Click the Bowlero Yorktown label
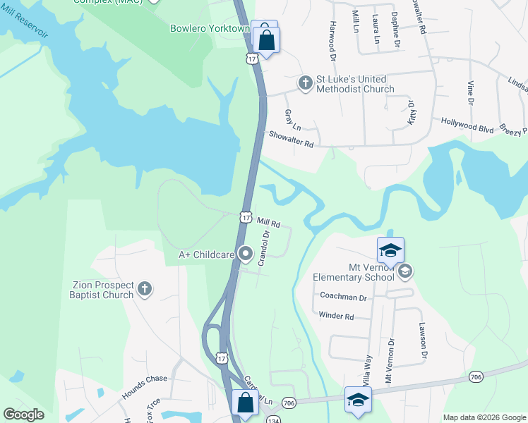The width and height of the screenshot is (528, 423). (210, 29)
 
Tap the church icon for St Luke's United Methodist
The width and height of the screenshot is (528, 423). (305, 83)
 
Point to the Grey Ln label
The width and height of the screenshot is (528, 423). (292, 120)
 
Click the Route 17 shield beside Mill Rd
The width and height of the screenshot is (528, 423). (245, 217)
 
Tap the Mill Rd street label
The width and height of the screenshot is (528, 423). (268, 223)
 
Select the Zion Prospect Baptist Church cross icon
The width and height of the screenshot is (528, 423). (144, 288)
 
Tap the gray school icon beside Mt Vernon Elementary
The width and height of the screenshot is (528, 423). (405, 270)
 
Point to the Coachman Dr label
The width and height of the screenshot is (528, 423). (343, 298)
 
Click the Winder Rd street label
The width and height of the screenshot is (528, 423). (336, 317)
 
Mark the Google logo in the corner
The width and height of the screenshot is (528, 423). (23, 415)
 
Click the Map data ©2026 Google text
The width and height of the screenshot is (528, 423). (484, 417)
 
